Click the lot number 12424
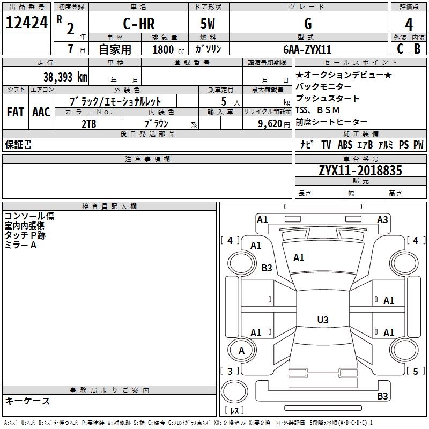26,23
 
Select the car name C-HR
139,24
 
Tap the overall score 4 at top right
409,25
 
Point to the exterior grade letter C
400,48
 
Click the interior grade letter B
417,48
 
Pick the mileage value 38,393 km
65,77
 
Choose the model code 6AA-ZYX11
307,49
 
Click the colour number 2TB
89,124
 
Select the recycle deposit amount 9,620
270,124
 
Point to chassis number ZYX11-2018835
360,171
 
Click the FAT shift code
16,112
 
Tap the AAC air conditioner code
41,112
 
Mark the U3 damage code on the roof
323,320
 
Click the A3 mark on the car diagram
382,220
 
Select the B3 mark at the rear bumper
382,396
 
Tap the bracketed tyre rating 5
415,371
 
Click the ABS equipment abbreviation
345,145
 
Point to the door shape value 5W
208,24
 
